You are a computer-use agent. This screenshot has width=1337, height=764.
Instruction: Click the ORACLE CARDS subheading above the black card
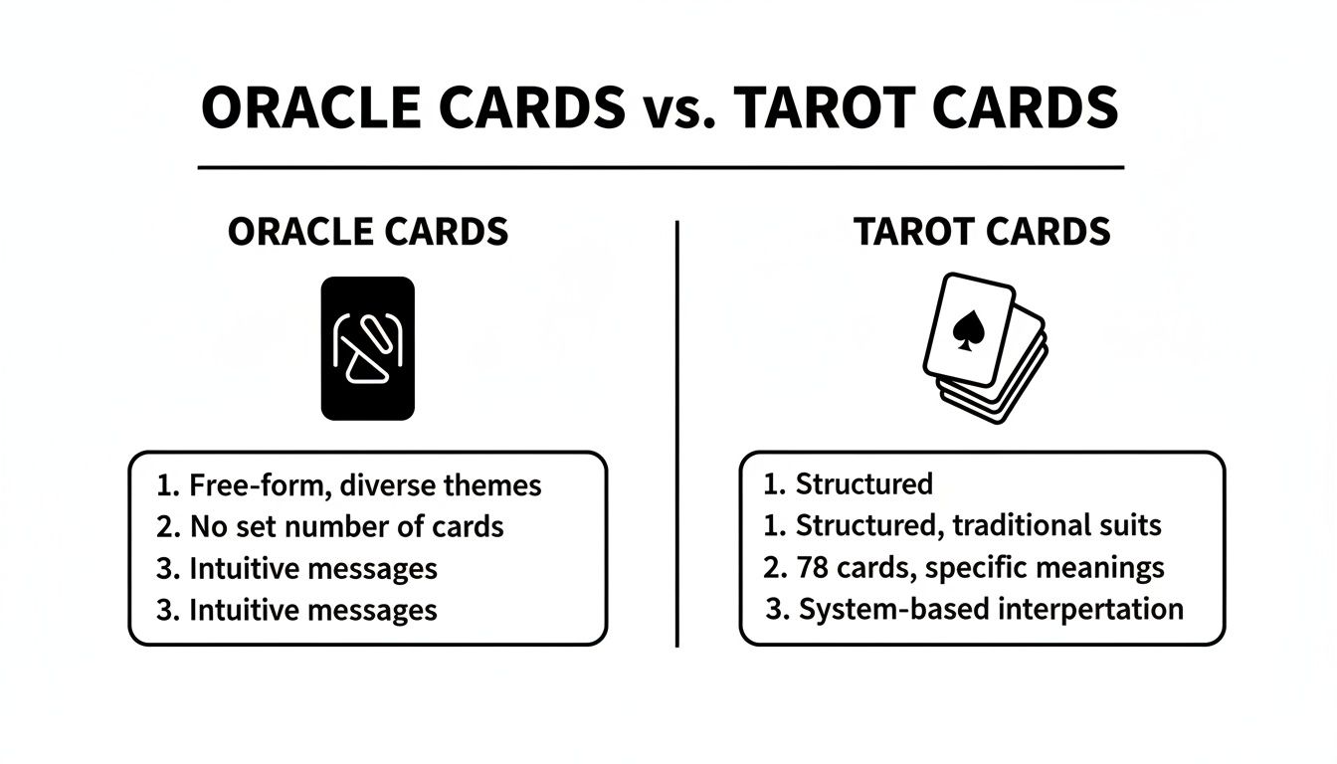tap(368, 232)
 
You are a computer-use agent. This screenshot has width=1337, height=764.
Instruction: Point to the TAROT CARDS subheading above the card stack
tap(983, 232)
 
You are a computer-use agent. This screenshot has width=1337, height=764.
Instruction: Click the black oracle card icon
tap(367, 347)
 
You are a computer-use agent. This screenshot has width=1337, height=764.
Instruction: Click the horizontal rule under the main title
tap(661, 167)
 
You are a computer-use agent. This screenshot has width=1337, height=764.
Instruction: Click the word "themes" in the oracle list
tap(492, 485)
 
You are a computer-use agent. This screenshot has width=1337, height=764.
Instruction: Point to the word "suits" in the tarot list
tap(1133, 525)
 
